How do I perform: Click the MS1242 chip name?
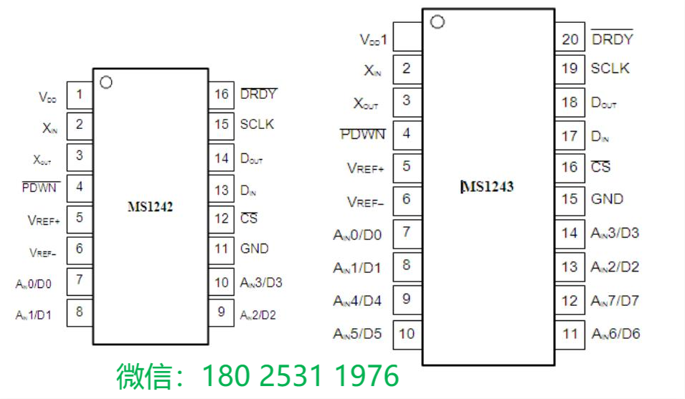pyautogui.click(x=150, y=207)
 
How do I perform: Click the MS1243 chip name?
pyautogui.click(x=488, y=187)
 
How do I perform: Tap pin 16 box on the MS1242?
pyautogui.click(x=222, y=94)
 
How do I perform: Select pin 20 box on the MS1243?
pyautogui.click(x=570, y=39)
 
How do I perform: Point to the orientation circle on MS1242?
pyautogui.click(x=106, y=82)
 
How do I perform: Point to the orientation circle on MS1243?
pyautogui.click(x=437, y=22)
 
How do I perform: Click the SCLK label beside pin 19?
pyautogui.click(x=610, y=68)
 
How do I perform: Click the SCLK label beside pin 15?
pyautogui.click(x=257, y=125)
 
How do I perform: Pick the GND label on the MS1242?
pyautogui.click(x=255, y=249)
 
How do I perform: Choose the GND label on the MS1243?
pyautogui.click(x=607, y=199)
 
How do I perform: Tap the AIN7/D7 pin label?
pyautogui.click(x=615, y=300)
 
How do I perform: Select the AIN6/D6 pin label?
pyautogui.click(x=615, y=333)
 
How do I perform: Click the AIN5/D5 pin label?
pyautogui.click(x=357, y=333)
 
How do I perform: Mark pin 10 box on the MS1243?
pyautogui.click(x=407, y=333)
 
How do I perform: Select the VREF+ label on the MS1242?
pyautogui.click(x=43, y=218)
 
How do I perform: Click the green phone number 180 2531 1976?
pyautogui.click(x=300, y=376)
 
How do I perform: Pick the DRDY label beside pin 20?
pyautogui.click(x=612, y=39)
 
